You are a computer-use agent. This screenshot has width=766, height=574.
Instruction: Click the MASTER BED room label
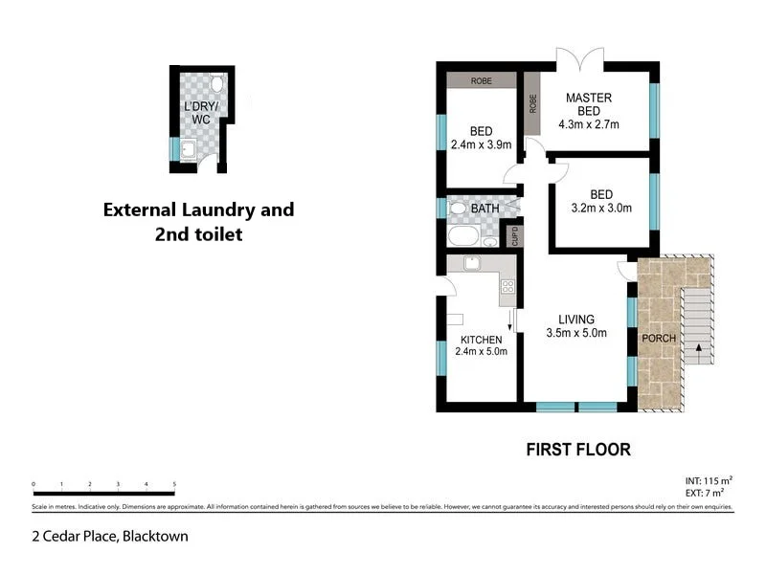(x=588, y=98)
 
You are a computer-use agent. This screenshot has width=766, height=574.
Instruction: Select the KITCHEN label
(x=481, y=339)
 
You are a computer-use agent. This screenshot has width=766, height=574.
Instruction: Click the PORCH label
(x=659, y=338)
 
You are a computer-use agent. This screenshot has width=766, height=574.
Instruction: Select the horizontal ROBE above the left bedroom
(x=481, y=81)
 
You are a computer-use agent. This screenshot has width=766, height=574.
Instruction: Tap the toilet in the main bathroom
(x=458, y=208)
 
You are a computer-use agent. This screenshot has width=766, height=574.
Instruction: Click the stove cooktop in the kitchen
(x=507, y=285)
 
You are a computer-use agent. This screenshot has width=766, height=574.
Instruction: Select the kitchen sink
(x=472, y=264)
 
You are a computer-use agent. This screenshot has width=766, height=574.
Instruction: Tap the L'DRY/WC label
(x=201, y=111)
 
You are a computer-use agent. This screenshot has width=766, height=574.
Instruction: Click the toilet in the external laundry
(x=216, y=84)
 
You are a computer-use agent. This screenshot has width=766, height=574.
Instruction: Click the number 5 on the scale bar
(x=174, y=485)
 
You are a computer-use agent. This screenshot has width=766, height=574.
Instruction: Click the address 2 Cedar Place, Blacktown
(x=110, y=537)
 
